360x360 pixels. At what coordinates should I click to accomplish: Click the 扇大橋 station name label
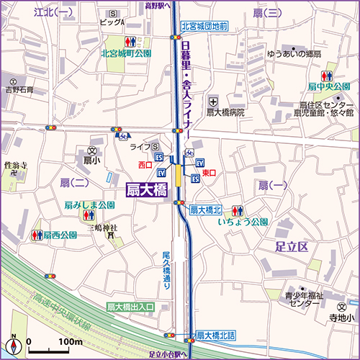click(146, 191)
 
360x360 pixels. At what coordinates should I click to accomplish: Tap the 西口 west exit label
click(145, 165)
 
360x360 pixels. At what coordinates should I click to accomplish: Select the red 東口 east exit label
click(210, 174)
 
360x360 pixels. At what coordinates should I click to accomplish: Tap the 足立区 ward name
click(292, 247)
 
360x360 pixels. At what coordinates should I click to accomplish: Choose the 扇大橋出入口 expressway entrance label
click(130, 307)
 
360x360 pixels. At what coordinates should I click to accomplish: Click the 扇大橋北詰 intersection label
click(216, 335)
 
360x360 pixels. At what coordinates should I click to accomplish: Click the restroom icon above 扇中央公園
click(325, 76)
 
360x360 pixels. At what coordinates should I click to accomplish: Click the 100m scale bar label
click(71, 341)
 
